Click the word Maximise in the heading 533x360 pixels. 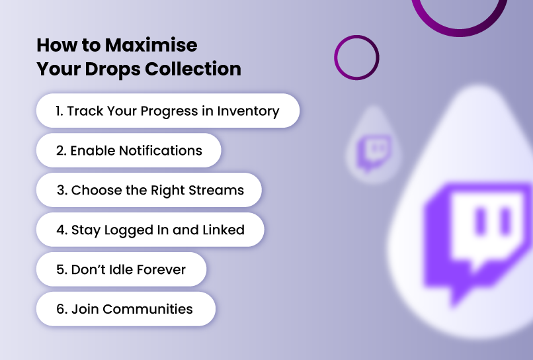pyautogui.click(x=151, y=45)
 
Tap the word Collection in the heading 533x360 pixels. pyautogui.click(x=193, y=69)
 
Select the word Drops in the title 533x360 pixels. pyautogui.click(x=112, y=69)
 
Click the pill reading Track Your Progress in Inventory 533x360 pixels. pyautogui.click(x=168, y=111)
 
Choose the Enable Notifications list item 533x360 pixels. pyautogui.click(x=128, y=150)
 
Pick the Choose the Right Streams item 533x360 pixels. pyautogui.click(x=149, y=190)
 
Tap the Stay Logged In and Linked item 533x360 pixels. pyautogui.click(x=150, y=230)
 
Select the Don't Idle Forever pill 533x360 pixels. pyautogui.click(x=122, y=269)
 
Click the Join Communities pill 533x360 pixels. pyautogui.click(x=126, y=309)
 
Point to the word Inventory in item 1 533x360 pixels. pyautogui.click(x=248, y=112)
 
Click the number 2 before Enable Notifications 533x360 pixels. pyautogui.click(x=61, y=151)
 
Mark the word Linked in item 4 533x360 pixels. pyautogui.click(x=224, y=230)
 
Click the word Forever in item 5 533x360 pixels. pyautogui.click(x=161, y=269)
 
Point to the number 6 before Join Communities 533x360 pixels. pyautogui.click(x=60, y=309)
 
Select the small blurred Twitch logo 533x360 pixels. pyautogui.click(x=373, y=152)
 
